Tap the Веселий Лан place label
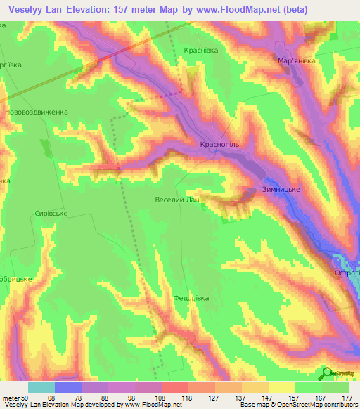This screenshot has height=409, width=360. click(x=177, y=200)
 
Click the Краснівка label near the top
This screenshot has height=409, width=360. click(x=201, y=51)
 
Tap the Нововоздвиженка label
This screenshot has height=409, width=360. click(x=36, y=112)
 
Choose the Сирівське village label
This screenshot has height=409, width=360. click(x=51, y=214)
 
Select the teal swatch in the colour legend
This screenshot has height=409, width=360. click(x=41, y=387)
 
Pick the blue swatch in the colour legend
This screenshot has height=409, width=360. click(x=68, y=387)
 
